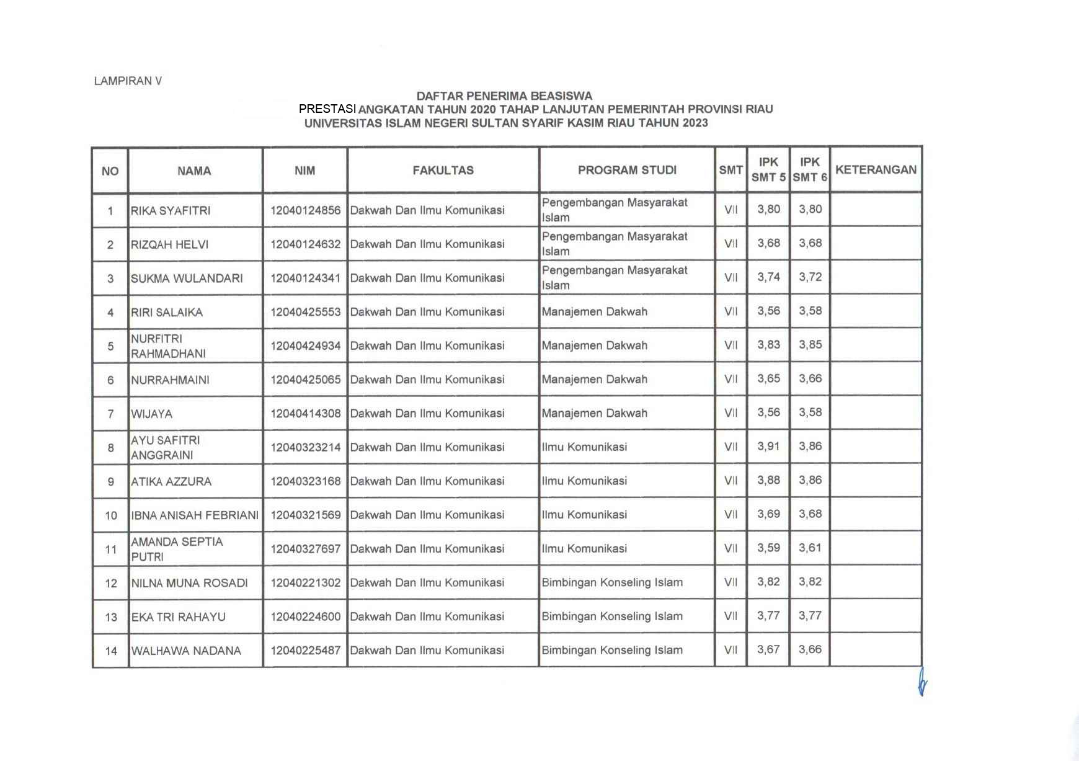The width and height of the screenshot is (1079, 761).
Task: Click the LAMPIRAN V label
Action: click(128, 81)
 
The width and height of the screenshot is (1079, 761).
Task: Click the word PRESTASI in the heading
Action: click(327, 109)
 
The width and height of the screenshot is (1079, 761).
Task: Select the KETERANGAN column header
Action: click(876, 170)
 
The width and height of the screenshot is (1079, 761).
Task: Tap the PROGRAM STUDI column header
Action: click(627, 171)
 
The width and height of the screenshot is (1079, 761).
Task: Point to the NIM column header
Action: click(304, 171)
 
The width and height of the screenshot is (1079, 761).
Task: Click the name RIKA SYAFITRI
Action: click(171, 211)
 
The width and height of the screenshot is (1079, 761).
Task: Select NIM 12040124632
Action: click(305, 244)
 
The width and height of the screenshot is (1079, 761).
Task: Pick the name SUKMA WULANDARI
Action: click(187, 278)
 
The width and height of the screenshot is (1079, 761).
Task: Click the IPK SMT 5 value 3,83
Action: click(768, 345)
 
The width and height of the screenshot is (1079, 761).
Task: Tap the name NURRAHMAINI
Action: click(170, 380)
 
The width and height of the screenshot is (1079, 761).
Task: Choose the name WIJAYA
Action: click(151, 414)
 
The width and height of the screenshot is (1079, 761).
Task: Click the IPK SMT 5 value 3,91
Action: click(768, 447)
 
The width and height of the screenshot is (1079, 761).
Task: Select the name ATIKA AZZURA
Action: click(171, 482)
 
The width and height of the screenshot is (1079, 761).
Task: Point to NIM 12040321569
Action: click(305, 515)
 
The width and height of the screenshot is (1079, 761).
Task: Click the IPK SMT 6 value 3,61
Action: click(810, 548)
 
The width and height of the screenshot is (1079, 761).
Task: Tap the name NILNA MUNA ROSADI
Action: click(189, 584)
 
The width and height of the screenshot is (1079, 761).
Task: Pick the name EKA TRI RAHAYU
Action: click(178, 617)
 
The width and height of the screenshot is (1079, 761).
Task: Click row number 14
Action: click(111, 651)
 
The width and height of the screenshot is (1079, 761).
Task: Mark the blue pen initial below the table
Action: click(922, 682)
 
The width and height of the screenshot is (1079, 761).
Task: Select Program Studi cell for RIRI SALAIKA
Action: click(594, 312)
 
